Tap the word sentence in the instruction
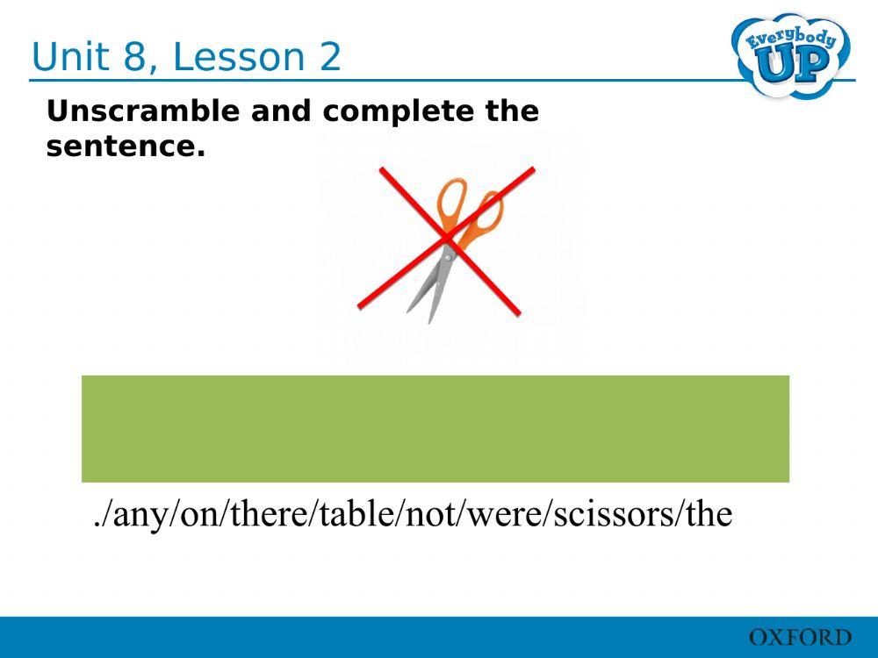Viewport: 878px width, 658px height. tap(126, 147)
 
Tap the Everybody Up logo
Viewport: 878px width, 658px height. tap(789, 54)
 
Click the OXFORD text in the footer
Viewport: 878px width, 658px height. tap(800, 637)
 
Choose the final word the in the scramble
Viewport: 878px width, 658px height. tap(709, 514)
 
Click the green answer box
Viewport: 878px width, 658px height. tap(435, 429)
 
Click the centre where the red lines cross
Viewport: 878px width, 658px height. tap(448, 239)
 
